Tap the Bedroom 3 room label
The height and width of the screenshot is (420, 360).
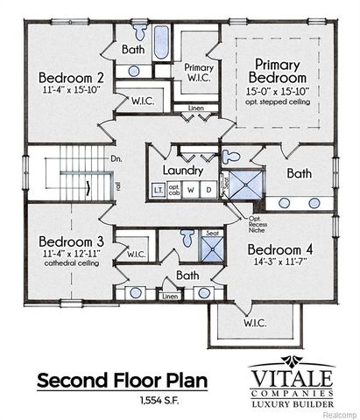(64, 241)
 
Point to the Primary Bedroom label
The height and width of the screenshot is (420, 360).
(279, 70)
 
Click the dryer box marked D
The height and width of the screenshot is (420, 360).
(208, 189)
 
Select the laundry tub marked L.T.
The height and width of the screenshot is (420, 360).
(158, 189)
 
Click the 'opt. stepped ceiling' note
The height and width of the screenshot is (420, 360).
(279, 103)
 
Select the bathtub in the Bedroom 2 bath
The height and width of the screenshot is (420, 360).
(161, 42)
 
